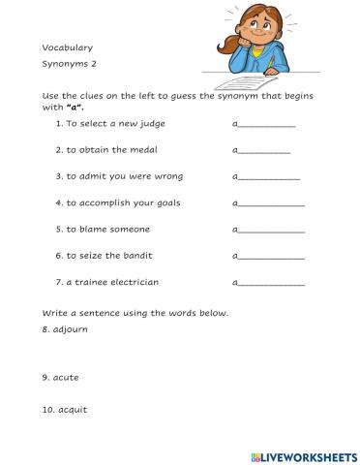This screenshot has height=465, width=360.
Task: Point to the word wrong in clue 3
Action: coord(166,177)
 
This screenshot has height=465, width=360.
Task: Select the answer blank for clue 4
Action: coord(271,205)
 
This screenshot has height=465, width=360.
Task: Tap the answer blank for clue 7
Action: coord(271,284)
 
